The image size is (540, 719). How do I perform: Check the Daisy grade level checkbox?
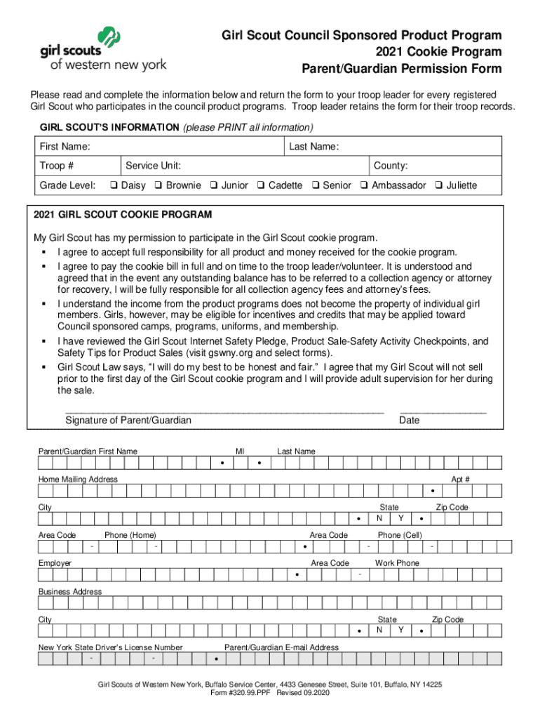[113, 185]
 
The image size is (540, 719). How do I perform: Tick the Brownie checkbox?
[158, 185]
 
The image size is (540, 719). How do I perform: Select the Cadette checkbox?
[260, 185]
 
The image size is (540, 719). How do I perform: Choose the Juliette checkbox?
[438, 185]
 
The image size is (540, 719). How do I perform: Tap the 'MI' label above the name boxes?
[240, 451]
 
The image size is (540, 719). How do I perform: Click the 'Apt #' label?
[460, 479]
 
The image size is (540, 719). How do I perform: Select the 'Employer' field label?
[55, 563]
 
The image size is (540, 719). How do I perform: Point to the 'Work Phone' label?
[397, 563]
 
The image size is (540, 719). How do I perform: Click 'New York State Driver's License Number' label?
[110, 647]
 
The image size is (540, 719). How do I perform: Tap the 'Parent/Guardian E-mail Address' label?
[281, 647]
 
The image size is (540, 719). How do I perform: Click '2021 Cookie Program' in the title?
[438, 52]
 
